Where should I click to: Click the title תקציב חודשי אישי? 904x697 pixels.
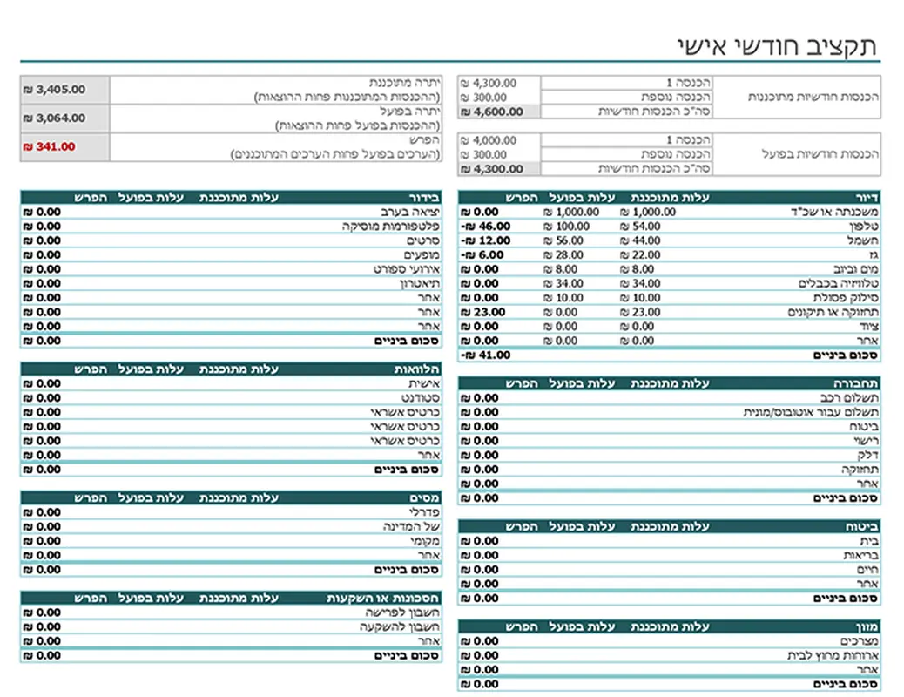pos(776,45)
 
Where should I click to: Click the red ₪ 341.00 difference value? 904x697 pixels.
pos(51,146)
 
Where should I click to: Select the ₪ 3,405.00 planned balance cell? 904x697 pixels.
pos(56,89)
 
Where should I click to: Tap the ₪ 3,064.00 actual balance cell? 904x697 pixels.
pos(56,118)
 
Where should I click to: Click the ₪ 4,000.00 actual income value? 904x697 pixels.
pos(489,140)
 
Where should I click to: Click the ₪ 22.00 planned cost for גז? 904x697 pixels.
pos(643,254)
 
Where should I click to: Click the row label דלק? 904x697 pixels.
pos(868,455)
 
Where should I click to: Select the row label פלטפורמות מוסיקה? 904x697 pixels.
pos(391,226)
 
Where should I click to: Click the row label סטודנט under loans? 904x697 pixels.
pos(421,397)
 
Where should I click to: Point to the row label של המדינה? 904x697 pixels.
pos(412,526)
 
